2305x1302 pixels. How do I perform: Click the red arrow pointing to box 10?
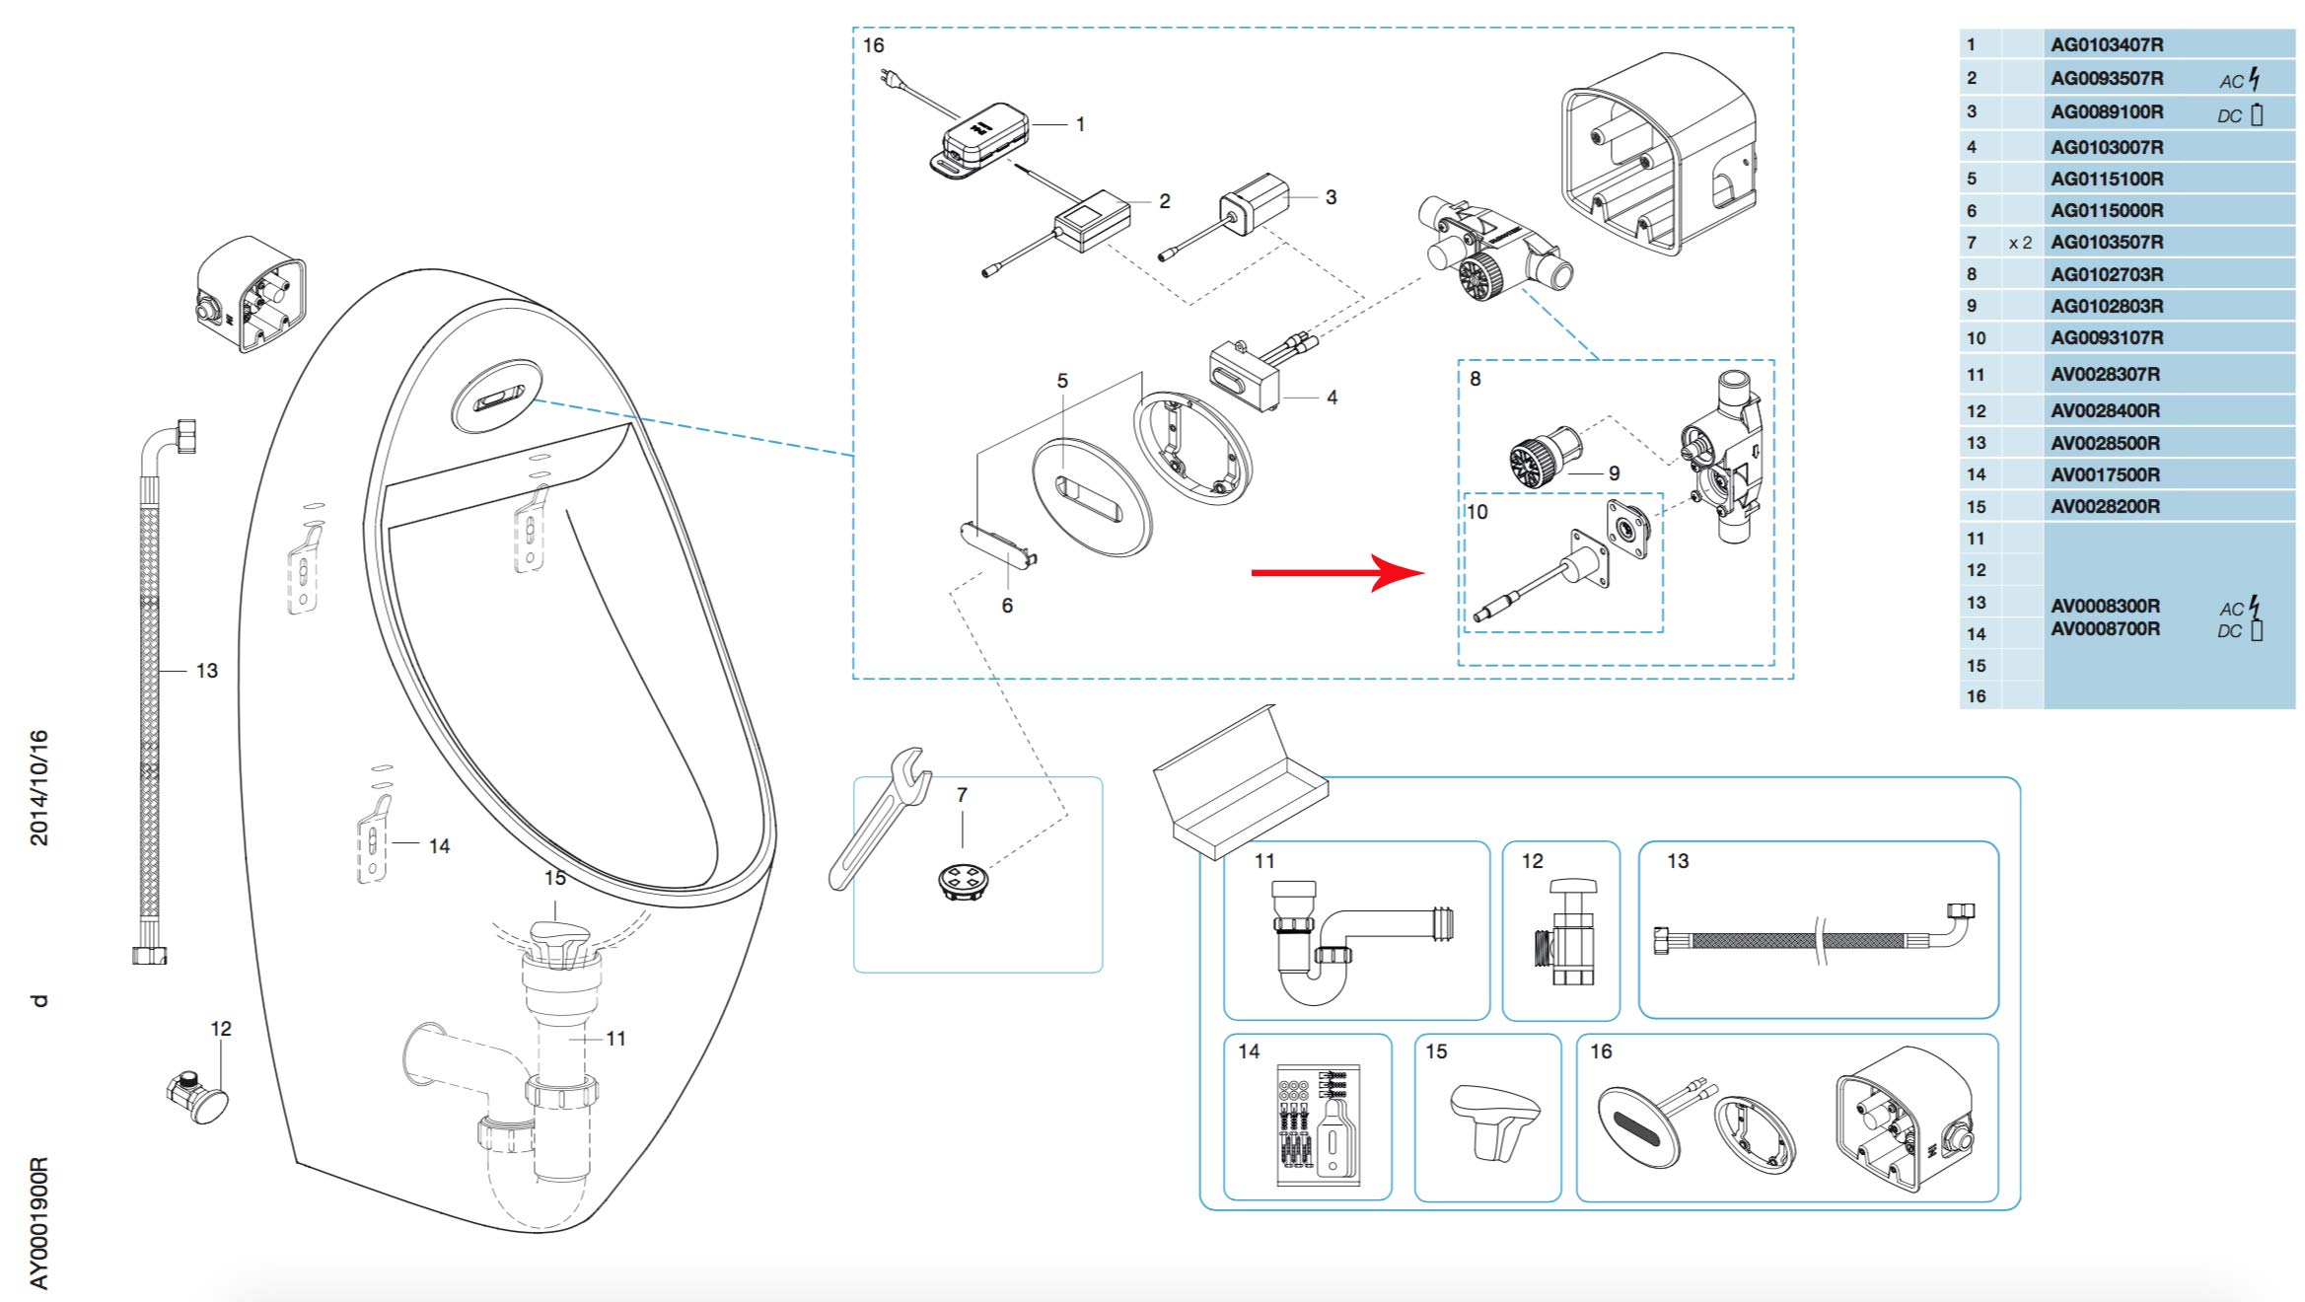(x=1337, y=572)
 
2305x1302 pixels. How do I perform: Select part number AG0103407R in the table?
(x=2107, y=44)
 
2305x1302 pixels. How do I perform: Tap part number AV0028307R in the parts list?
(x=2105, y=374)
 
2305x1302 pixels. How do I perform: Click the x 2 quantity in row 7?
(x=2020, y=243)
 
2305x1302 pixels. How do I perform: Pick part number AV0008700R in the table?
(x=2105, y=628)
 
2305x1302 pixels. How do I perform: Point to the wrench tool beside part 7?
(x=878, y=819)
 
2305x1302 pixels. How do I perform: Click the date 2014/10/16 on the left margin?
(x=38, y=787)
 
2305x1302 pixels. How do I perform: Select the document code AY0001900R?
(x=38, y=1223)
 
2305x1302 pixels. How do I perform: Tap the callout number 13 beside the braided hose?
(x=206, y=671)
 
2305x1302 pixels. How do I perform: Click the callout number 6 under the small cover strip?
(x=1007, y=606)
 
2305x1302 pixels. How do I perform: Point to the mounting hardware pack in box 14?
(x=1319, y=1124)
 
